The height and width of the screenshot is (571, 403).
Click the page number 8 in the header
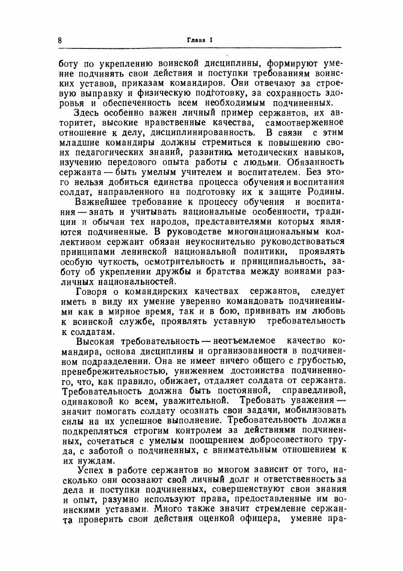59,40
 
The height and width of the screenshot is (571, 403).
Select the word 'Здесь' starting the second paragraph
88,113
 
